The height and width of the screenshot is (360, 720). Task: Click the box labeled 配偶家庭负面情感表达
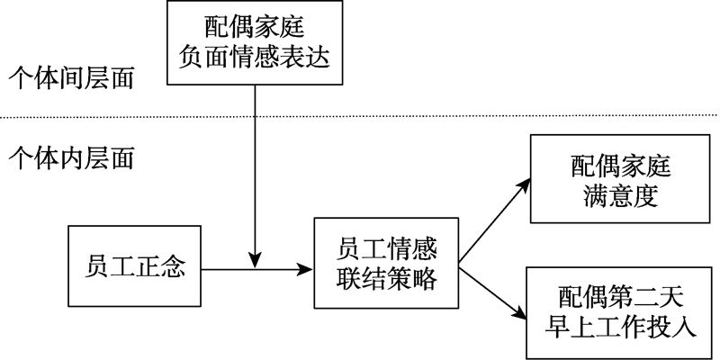pos(256,43)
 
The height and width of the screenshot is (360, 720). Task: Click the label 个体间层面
pos(71,79)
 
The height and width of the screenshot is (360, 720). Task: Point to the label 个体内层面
pos(71,159)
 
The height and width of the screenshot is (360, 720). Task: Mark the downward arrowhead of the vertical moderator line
pos(256,261)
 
